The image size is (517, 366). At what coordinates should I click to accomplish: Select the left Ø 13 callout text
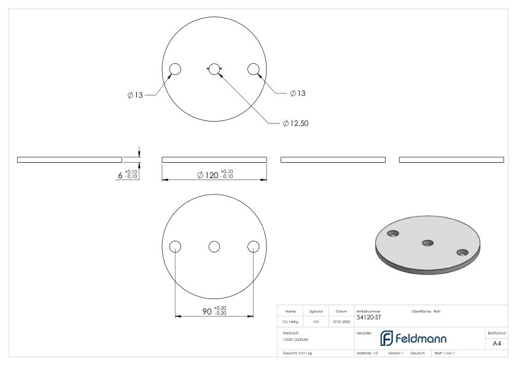pos(135,95)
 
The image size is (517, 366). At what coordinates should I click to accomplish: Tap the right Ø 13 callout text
pos(298,93)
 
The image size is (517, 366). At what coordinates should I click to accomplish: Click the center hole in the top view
pos(214,69)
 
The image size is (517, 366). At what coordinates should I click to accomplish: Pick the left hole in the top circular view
pos(175,69)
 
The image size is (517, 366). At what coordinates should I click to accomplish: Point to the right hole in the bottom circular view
pos(254,246)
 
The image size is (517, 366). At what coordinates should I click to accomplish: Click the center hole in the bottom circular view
pos(214,246)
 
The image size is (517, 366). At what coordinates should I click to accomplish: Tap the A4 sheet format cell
pos(497,343)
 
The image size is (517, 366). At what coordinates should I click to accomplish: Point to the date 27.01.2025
pos(341,321)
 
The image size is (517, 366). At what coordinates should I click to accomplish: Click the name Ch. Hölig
pos(290,321)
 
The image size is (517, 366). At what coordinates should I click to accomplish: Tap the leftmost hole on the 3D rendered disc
pos(394,233)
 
